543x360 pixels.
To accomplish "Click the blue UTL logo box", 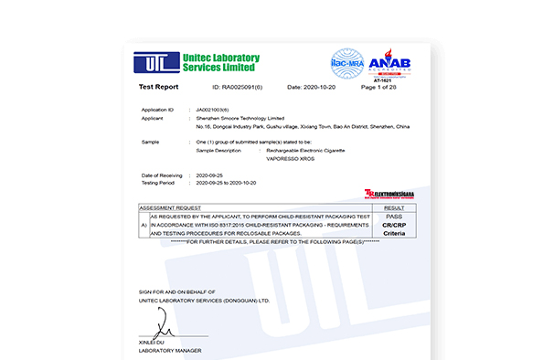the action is point(155,63).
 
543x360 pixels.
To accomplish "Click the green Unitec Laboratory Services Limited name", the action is point(221,63).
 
